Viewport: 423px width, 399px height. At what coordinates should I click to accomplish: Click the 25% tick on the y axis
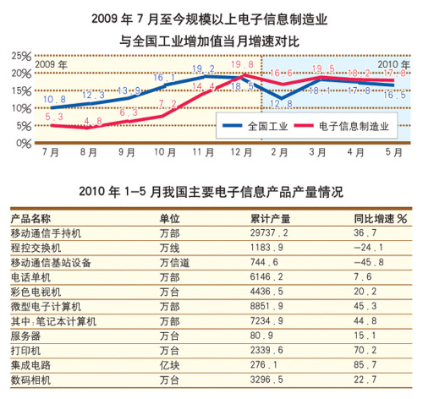point(22,56)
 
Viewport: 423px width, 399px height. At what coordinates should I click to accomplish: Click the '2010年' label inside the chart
point(391,64)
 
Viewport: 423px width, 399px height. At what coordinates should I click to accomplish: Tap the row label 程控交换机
point(36,248)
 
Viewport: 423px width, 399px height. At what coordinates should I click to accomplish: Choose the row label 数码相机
point(30,381)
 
